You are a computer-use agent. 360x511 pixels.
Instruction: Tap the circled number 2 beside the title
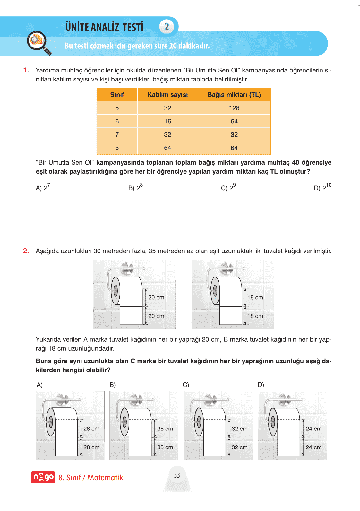[x=167, y=26]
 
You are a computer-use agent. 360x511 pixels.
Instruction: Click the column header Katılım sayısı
[x=167, y=95]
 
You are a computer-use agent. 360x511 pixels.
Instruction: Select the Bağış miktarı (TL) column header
[x=234, y=95]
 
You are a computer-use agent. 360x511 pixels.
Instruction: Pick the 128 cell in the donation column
[x=234, y=108]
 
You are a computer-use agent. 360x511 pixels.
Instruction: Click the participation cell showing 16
[x=167, y=121]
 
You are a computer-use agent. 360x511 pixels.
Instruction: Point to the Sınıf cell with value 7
[x=117, y=135]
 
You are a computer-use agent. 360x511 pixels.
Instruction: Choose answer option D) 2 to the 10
[x=322, y=187]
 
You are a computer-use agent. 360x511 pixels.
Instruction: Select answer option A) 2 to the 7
[x=43, y=187]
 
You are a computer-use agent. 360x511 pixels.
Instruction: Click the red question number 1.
[x=26, y=70]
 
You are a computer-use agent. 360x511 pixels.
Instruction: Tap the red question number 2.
[x=26, y=251]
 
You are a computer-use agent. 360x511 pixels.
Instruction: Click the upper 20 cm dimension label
[x=156, y=297]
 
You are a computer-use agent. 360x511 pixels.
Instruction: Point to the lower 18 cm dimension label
[x=255, y=316]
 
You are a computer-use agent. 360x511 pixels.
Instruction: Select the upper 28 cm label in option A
[x=91, y=429]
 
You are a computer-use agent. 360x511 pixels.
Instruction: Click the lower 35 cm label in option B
[x=165, y=447]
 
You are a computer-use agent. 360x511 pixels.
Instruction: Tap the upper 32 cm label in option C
[x=239, y=429]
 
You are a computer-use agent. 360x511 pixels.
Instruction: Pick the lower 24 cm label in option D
[x=313, y=447]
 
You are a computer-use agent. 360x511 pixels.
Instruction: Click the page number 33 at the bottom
[x=177, y=475]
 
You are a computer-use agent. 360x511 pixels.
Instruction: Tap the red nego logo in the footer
[x=43, y=477]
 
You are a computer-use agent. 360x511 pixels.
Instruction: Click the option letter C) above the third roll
[x=186, y=385]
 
